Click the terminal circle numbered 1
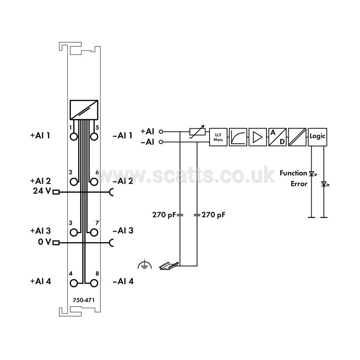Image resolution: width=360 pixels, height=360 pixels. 74,137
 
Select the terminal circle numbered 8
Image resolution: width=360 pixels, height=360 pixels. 94,283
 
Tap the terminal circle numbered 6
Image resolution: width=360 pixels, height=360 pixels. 94,182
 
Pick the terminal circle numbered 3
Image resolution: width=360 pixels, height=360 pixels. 74,232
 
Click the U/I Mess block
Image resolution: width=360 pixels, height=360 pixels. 218,137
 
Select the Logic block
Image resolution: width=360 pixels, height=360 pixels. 317,137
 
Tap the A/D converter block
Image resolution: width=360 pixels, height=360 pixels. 277,137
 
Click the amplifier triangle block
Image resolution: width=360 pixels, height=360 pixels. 258,137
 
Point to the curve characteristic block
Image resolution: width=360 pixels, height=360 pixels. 238,137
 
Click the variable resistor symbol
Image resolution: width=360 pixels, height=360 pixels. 197,132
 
